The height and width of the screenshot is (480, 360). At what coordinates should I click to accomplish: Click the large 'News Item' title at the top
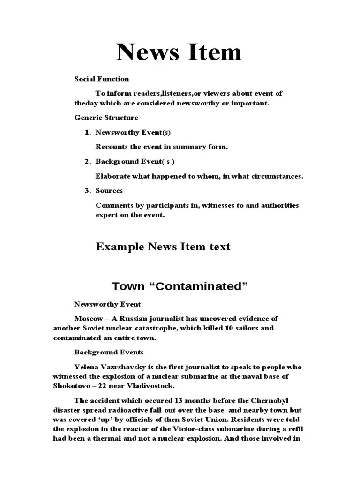tap(179, 52)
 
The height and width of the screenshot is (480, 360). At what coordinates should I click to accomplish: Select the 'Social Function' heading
tap(102, 79)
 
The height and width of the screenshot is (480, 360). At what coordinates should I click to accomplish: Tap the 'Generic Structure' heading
tap(106, 117)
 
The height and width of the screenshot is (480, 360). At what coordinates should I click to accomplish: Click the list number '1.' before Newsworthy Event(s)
tap(88, 132)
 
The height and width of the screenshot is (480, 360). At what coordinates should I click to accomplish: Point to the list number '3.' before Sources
tap(88, 190)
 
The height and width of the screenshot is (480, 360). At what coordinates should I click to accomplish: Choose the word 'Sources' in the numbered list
tap(109, 190)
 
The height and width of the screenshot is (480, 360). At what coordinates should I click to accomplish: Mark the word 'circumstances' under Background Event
tap(278, 176)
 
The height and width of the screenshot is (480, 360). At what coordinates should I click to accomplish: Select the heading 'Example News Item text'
tap(163, 247)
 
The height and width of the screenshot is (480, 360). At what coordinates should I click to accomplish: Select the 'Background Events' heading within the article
tap(109, 352)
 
